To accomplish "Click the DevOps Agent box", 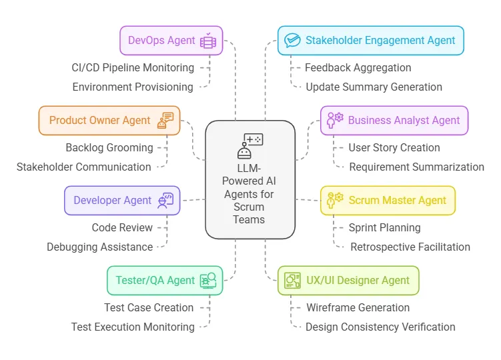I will [x=171, y=40].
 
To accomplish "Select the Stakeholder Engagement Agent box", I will [x=370, y=40].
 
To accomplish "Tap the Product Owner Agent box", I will [x=109, y=121].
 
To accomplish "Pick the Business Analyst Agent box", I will [x=394, y=121].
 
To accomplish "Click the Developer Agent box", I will [x=122, y=200].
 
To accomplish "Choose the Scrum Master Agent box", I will [x=388, y=200].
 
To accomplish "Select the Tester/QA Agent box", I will [x=165, y=280].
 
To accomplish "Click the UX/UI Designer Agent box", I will [x=348, y=280].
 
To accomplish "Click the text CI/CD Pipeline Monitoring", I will [x=133, y=67].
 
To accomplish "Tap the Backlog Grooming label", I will [x=109, y=147].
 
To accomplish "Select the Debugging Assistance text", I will [x=99, y=247].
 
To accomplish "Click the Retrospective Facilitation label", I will [x=410, y=247].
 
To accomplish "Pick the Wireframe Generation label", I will [x=358, y=307].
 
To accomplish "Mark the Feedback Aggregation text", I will [x=358, y=67].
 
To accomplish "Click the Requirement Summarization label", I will [x=416, y=167].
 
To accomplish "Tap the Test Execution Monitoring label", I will [x=133, y=327].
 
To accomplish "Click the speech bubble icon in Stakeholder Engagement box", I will [x=292, y=40].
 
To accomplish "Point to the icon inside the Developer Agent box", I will [x=165, y=200].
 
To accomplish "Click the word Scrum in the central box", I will [x=249, y=207].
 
